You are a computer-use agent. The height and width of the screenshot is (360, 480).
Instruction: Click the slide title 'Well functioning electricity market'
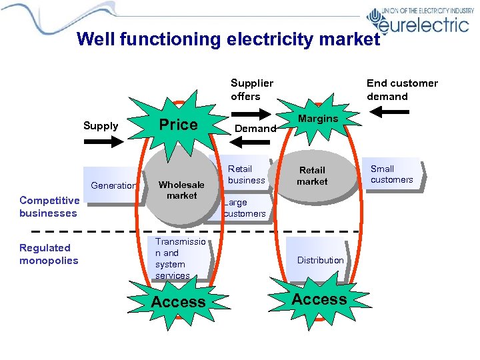click(228, 39)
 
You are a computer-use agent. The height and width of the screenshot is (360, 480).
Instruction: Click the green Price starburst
click(177, 125)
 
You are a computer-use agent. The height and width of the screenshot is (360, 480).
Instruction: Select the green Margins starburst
click(318, 119)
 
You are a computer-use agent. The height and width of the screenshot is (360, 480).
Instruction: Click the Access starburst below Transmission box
click(178, 302)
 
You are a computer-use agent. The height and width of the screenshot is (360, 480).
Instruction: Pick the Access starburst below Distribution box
click(319, 299)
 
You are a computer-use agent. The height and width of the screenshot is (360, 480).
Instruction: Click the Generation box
click(113, 186)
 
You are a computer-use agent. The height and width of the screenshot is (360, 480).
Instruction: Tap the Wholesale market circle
click(181, 190)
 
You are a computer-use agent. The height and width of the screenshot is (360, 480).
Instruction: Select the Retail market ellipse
click(312, 176)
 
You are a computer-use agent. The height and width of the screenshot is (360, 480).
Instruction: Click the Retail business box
click(246, 174)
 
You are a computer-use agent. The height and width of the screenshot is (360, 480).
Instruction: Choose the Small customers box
click(392, 174)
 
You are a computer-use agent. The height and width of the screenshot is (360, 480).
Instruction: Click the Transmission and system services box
click(180, 259)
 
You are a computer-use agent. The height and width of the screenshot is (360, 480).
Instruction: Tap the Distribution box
click(320, 260)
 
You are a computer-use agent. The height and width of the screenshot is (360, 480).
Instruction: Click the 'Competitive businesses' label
click(48, 207)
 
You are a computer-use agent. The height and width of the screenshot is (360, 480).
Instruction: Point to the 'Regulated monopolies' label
click(49, 254)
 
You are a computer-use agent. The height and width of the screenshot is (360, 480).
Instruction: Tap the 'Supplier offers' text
click(251, 89)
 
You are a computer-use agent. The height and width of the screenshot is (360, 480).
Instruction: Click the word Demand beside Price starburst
click(256, 128)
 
